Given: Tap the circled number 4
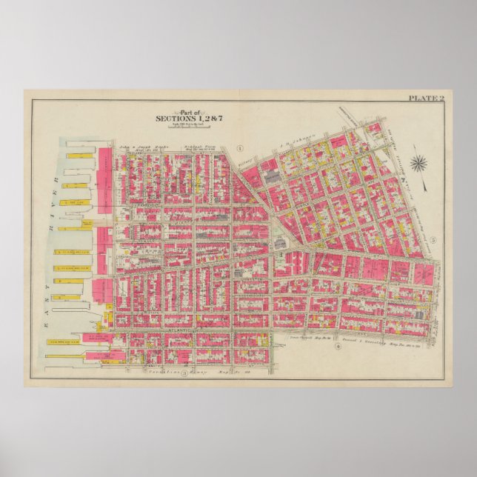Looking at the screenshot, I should click(337, 346).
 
